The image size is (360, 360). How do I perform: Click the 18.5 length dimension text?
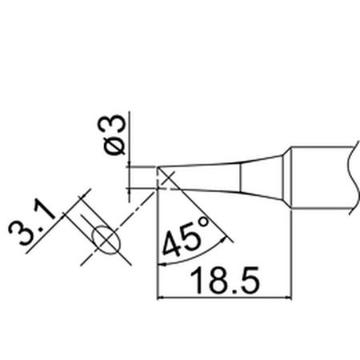pyautogui.click(x=225, y=281)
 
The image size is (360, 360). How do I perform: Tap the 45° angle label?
pyautogui.click(x=184, y=238)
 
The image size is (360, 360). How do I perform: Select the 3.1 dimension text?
pyautogui.click(x=32, y=223)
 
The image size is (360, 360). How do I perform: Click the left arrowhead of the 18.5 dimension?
pyautogui.click(x=161, y=298)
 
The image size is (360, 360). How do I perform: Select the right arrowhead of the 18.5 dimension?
pyautogui.click(x=289, y=298)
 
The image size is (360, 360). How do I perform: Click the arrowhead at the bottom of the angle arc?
pyautogui.click(x=162, y=264)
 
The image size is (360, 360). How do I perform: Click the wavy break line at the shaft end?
pyautogui.click(x=353, y=178)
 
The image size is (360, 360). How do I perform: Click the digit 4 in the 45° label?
pyautogui.click(x=170, y=244)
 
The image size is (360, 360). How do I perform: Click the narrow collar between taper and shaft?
pyautogui.click(x=287, y=178)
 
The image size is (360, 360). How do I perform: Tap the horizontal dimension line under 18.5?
pyautogui.click(x=225, y=298)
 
